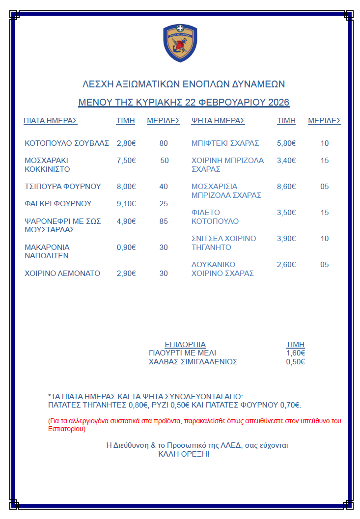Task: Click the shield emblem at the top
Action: coord(180,44)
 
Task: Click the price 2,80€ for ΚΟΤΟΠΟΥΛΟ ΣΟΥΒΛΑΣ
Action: coord(126,143)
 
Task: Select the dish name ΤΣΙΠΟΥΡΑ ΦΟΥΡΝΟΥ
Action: coord(63,187)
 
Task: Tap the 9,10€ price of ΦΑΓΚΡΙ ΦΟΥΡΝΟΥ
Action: coord(126,204)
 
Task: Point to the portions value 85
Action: coord(164,221)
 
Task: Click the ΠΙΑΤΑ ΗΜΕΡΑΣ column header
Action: coord(51,121)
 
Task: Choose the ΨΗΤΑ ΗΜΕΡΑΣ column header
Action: coord(218,121)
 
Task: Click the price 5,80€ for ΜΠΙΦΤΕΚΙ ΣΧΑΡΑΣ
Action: coord(286,143)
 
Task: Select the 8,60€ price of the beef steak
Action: coord(286,187)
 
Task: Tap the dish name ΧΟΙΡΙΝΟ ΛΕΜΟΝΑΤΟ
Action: coord(62,273)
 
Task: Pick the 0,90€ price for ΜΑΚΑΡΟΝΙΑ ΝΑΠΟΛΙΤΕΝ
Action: coord(126,247)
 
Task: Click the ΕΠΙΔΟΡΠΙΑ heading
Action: coord(185,345)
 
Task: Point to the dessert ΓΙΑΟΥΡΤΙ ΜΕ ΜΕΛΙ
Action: coord(182,353)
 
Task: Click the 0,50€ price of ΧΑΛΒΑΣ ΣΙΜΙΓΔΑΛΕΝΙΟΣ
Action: coord(295,362)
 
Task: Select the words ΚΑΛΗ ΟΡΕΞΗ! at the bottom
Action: coord(184,454)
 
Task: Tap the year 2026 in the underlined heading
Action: coord(278,103)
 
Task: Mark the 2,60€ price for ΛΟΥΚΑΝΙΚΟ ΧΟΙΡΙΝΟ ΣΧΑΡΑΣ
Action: coord(286,265)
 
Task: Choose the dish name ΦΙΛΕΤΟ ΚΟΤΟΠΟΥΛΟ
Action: coord(215,217)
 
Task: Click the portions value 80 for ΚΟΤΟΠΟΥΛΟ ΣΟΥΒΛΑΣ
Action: coord(164,143)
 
